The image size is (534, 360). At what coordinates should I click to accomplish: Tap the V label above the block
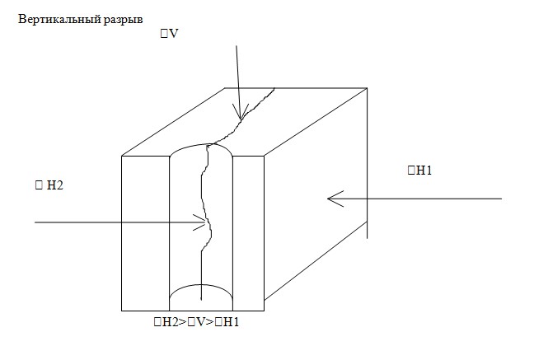175,35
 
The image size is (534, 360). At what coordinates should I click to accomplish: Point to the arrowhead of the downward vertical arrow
240,116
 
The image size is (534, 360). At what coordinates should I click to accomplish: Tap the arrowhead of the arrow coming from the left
203,222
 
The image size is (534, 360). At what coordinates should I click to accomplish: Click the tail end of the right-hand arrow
501,199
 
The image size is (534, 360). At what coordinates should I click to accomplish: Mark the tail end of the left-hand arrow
35,222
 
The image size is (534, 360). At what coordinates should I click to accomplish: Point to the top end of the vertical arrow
237,46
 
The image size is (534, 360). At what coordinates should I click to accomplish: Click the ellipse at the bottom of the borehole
201,295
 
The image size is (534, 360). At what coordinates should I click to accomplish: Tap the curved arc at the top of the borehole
201,146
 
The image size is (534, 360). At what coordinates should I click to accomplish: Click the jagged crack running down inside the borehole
205,206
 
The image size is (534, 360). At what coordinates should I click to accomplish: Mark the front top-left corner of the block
122,156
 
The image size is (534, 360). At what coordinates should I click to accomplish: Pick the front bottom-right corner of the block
265,309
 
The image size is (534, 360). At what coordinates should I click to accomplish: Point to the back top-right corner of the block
368,86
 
